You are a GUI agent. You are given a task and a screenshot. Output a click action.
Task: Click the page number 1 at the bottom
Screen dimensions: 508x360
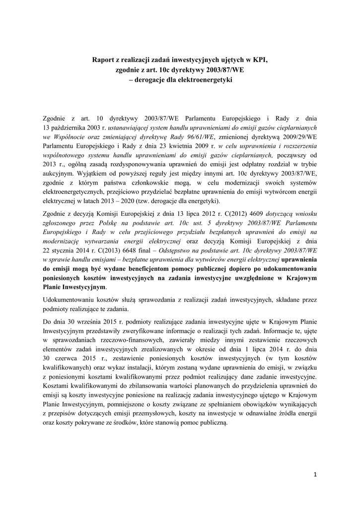(x=315, y=474)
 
